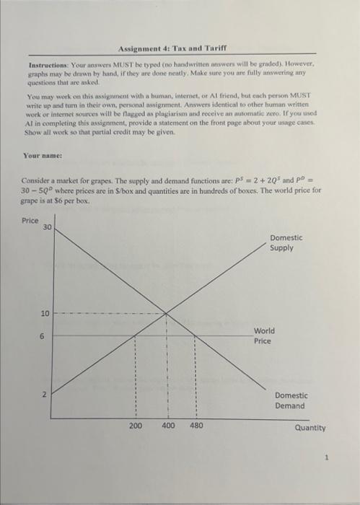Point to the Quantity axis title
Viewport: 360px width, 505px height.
point(310,428)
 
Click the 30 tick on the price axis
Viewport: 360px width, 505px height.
point(48,228)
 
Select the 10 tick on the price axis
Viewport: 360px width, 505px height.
point(45,314)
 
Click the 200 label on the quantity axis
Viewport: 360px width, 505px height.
point(136,426)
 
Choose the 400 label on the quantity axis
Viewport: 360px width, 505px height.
point(167,426)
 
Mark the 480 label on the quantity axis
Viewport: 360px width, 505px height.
point(196,426)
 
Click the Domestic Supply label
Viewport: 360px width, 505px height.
point(286,242)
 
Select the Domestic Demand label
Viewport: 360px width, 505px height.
point(291,400)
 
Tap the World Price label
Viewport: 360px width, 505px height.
point(264,335)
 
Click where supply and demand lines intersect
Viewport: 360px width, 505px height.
point(167,313)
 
